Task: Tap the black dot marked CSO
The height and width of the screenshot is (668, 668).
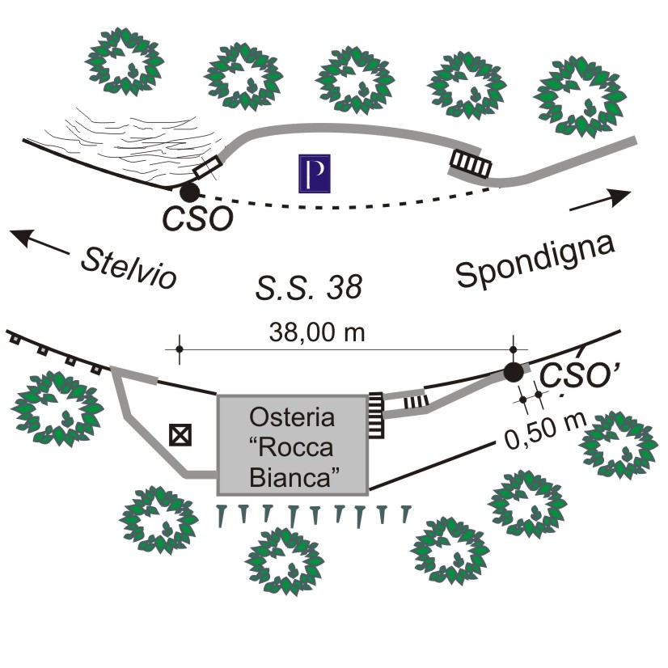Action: [188, 192]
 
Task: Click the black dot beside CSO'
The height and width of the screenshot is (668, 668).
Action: [513, 372]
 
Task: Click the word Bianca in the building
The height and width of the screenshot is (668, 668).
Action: [292, 477]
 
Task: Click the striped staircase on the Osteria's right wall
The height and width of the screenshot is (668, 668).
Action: [376, 416]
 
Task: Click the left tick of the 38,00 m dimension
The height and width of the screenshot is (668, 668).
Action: [179, 349]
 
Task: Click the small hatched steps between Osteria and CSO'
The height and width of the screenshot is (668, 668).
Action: [413, 400]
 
